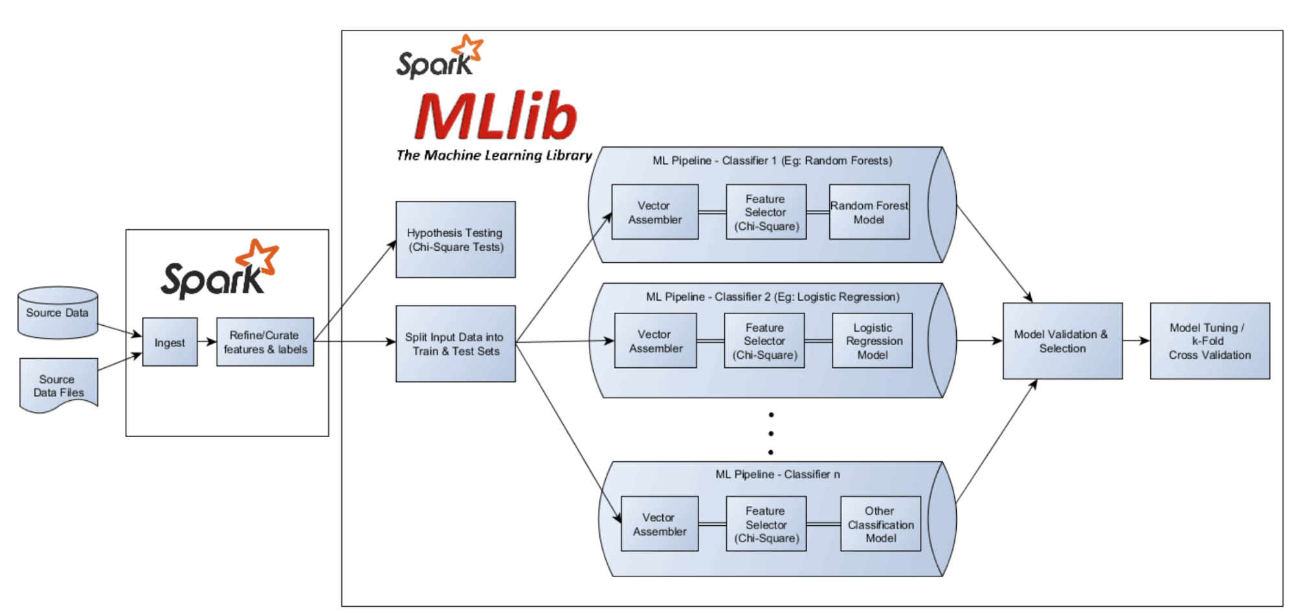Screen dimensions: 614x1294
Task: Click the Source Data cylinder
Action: (x=58, y=313)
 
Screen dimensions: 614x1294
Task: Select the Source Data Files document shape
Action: (x=58, y=385)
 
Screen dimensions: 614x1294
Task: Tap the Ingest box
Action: (x=170, y=342)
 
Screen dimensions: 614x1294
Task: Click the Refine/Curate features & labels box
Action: (x=265, y=342)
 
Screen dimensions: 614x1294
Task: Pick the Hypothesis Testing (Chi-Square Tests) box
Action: (x=455, y=240)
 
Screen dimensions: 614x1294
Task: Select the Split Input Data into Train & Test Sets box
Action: (x=455, y=344)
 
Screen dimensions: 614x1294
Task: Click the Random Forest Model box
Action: (x=869, y=212)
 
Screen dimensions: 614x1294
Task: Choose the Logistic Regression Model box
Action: (x=872, y=341)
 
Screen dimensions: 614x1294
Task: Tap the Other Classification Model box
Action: (x=880, y=524)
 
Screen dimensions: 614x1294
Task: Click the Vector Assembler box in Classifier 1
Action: (x=654, y=212)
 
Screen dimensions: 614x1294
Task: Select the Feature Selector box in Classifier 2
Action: (x=764, y=341)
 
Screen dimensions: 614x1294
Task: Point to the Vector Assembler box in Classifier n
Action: (x=659, y=524)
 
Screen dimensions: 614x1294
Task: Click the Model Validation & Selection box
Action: (x=1062, y=341)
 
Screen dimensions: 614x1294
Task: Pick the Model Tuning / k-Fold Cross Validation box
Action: (x=1209, y=341)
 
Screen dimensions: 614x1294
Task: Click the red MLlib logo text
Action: (x=495, y=117)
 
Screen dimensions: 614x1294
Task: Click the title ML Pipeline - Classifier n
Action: (x=777, y=474)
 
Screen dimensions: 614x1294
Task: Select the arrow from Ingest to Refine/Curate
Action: (x=207, y=341)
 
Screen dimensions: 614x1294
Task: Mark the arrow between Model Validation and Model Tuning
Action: (x=1136, y=341)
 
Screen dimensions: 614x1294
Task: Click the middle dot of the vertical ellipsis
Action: (x=770, y=433)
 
